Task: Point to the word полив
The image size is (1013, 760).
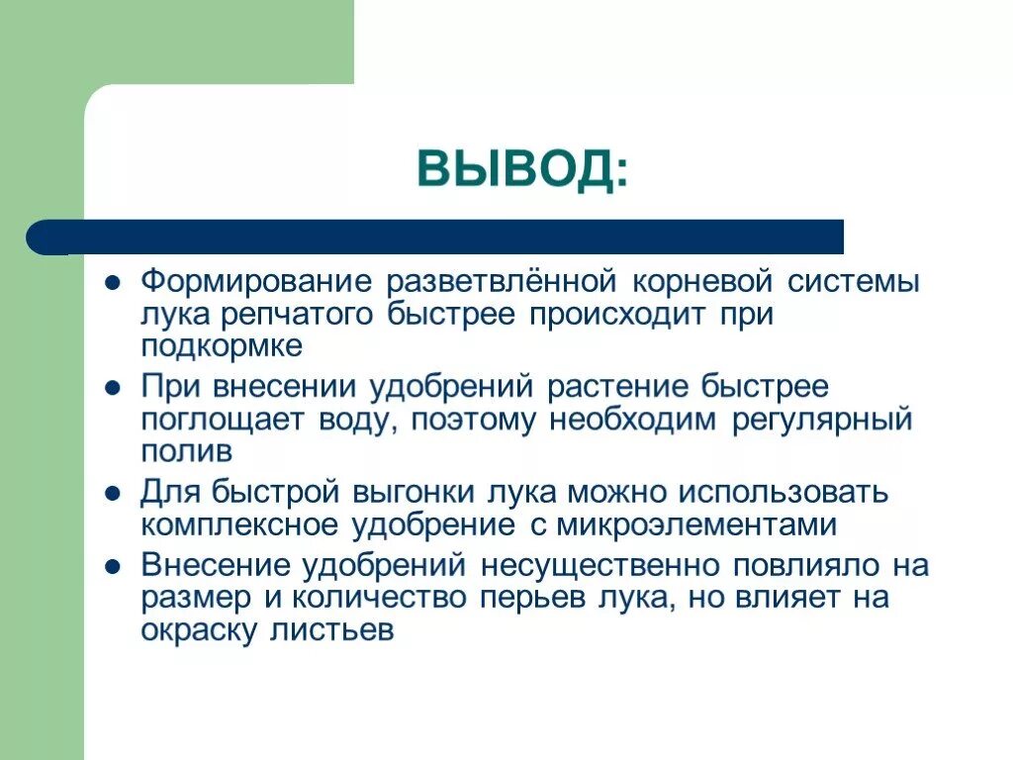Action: pos(186,452)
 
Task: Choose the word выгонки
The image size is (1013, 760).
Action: pos(417,491)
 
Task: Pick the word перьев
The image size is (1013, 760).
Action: pos(536,599)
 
